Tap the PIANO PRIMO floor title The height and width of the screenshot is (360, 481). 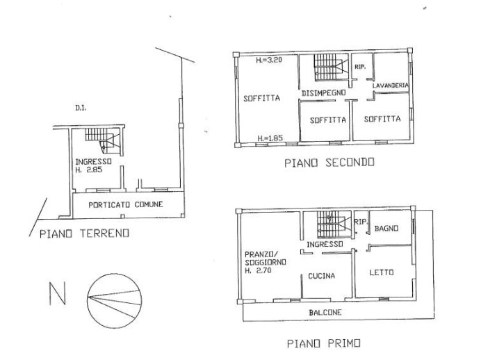tap(323, 343)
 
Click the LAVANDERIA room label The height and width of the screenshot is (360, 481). tap(391, 85)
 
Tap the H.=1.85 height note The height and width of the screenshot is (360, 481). tap(269, 138)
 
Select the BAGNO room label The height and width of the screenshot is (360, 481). tap(386, 228)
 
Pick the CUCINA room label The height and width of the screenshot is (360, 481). tap(322, 276)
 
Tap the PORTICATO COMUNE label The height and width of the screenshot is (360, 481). tap(126, 204)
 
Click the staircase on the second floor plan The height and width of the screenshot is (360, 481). tap(329, 68)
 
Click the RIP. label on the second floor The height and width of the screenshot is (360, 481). tap(360, 67)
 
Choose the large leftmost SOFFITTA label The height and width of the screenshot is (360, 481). tap(261, 99)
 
